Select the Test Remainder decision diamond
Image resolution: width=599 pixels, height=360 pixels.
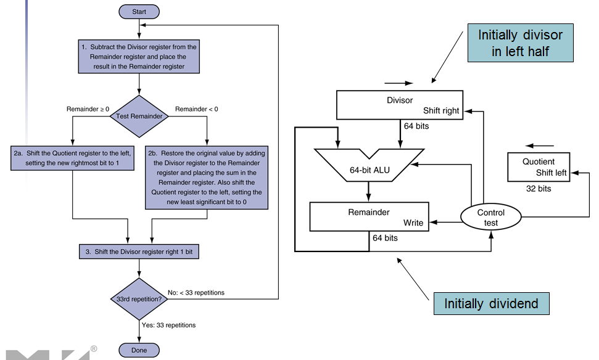tap(139, 116)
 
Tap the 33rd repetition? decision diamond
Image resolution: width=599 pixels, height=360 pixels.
tap(139, 298)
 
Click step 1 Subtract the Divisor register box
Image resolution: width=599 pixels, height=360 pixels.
tap(139, 57)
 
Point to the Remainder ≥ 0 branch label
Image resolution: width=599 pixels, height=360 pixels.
tap(88, 109)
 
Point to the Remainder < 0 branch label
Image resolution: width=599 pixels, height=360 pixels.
tap(196, 109)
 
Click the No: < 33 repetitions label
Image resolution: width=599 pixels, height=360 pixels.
tap(196, 292)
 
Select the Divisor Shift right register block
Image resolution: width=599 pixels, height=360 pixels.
tap(399, 105)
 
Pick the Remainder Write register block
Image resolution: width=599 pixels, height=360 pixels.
tap(369, 217)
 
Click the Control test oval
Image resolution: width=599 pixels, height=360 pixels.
tap(491, 218)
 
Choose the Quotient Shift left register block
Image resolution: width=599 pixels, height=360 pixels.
tap(539, 167)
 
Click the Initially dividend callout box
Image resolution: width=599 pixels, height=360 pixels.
tap(491, 304)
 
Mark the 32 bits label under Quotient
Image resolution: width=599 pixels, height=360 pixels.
tap(539, 189)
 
